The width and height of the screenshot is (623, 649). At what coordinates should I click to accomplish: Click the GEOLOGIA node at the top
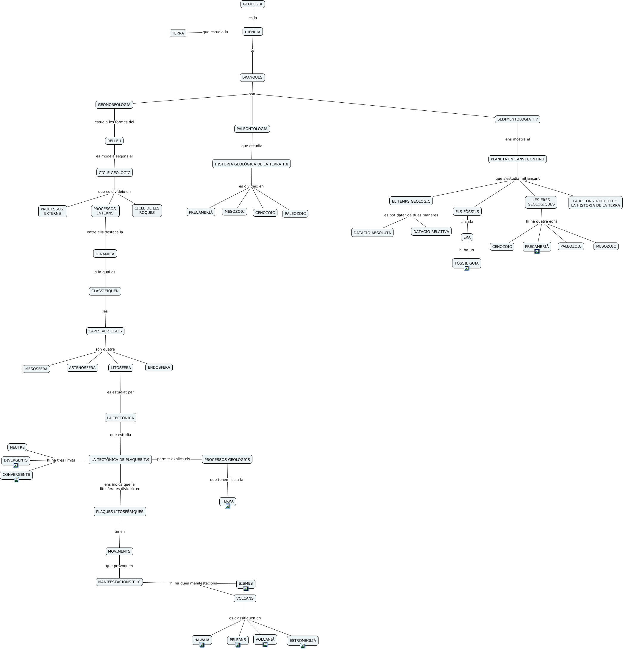coord(252,4)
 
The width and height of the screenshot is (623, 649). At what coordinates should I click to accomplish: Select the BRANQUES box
coord(252,77)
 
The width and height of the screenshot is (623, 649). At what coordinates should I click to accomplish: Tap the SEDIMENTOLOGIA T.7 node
coord(517,119)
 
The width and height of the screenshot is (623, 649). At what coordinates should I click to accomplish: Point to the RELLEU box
coord(114,141)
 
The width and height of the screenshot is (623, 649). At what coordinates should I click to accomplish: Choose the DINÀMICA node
coord(105,254)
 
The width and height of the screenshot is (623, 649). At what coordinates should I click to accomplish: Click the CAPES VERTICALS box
coord(105,331)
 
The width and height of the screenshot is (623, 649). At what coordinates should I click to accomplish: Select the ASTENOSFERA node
coord(82,367)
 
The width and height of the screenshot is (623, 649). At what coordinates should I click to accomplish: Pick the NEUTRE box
coord(17,447)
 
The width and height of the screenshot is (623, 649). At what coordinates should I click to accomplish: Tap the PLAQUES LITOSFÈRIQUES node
coord(120,512)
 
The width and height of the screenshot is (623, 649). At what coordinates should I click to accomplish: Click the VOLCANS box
coord(245,598)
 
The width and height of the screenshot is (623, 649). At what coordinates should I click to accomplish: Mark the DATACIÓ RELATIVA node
coord(431,232)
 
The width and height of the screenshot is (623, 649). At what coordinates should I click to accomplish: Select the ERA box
coord(467,237)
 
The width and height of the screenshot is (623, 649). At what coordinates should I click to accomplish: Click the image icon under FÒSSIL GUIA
coord(467,268)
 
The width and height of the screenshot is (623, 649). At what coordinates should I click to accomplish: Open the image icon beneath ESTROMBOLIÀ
coord(303,646)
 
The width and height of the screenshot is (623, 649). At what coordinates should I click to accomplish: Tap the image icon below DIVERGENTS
coord(15,465)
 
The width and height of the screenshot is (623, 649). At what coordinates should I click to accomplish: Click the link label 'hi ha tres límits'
coord(61,460)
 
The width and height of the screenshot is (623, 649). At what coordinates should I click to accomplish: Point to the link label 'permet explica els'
coord(174,459)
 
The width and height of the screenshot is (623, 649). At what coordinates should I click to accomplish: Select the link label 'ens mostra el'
coord(517,139)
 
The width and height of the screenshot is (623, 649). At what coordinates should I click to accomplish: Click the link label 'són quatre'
coord(105,349)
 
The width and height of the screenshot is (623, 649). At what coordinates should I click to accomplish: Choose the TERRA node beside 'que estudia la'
coord(178,33)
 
